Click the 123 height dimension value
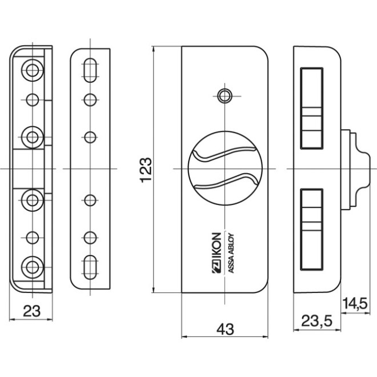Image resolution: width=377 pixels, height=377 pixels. [x=145, y=170]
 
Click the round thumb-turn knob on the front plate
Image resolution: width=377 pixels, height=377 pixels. [x=226, y=170]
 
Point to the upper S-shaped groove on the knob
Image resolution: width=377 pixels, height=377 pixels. [x=225, y=155]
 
